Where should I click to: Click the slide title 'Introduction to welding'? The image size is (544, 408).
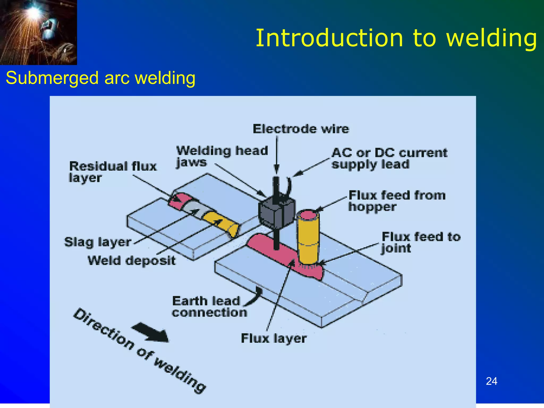pyautogui.click(x=396, y=38)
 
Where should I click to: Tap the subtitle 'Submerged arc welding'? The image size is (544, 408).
pyautogui.click(x=100, y=78)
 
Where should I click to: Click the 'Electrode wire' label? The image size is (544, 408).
pyautogui.click(x=301, y=129)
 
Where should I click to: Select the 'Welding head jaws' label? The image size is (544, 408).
pyautogui.click(x=222, y=156)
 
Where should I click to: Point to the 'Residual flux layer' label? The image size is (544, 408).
pyautogui.click(x=113, y=172)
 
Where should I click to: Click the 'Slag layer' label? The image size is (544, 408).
pyautogui.click(x=98, y=242)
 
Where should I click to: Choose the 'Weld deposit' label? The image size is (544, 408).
pyautogui.click(x=131, y=260)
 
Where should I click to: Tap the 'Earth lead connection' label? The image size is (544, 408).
pyautogui.click(x=209, y=307)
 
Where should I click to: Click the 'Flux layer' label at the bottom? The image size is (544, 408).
pyautogui.click(x=274, y=338)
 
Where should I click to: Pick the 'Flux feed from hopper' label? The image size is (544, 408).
pyautogui.click(x=397, y=201)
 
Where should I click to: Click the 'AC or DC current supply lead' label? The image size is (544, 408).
pyautogui.click(x=389, y=158)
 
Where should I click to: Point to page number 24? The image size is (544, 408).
pyautogui.click(x=491, y=381)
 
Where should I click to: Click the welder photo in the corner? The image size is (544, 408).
pyautogui.click(x=38, y=32)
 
